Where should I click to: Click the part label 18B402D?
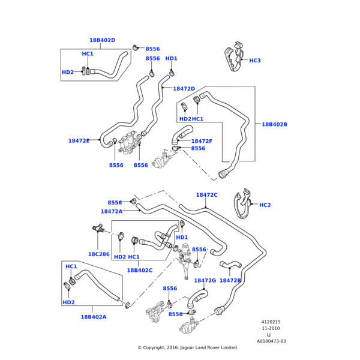click(x=102, y=41)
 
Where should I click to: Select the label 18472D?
click(x=184, y=89)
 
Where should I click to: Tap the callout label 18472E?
click(x=79, y=141)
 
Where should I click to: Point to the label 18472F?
click(x=202, y=141)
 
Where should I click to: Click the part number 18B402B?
click(x=274, y=125)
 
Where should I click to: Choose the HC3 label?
click(x=255, y=61)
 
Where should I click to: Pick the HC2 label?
click(x=265, y=205)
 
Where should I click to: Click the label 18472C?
click(x=206, y=195)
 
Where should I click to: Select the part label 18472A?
click(x=112, y=211)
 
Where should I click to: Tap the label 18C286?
click(x=98, y=254)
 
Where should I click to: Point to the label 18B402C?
click(x=139, y=271)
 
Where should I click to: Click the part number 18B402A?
click(x=94, y=317)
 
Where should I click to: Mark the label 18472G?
click(x=205, y=280)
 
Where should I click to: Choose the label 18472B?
click(x=230, y=280)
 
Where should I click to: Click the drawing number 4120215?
click(x=271, y=322)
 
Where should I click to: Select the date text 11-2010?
click(x=271, y=328)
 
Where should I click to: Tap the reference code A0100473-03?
click(x=271, y=341)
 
